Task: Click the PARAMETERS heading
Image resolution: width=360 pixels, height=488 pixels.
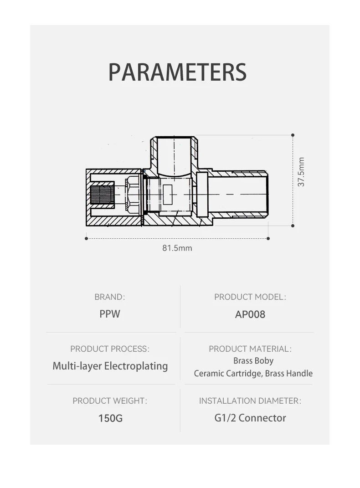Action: pos(177,72)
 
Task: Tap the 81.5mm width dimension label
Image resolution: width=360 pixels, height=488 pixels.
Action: pos(177,248)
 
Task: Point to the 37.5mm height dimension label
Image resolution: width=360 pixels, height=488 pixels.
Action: pos(301,172)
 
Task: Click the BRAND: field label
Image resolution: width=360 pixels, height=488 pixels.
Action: pos(109,297)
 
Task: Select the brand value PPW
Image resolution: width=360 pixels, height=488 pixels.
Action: pos(109,314)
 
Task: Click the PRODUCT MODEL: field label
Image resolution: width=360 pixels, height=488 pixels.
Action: pos(250,297)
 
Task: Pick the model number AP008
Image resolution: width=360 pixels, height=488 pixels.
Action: pos(250,314)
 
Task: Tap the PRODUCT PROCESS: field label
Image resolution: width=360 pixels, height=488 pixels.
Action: pos(109,349)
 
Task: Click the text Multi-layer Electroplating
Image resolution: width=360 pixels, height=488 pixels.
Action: pos(110,366)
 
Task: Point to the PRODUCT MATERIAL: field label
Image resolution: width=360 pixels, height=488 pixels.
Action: pos(250,349)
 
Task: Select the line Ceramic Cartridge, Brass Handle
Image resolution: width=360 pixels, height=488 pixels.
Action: pos(253,374)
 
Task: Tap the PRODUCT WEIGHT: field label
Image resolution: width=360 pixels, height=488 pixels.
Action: pos(110,401)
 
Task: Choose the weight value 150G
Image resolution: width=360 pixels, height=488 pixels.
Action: pos(110,418)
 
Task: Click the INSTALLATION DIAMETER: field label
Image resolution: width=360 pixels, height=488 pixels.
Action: pos(250,401)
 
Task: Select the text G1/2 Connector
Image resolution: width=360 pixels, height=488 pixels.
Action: pos(250,418)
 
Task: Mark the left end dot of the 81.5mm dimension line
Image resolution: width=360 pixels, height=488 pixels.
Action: pos(87,238)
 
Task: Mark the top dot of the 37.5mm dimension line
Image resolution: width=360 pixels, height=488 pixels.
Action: pos(293,135)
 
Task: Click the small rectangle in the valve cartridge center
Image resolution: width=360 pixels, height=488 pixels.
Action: pos(168,195)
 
